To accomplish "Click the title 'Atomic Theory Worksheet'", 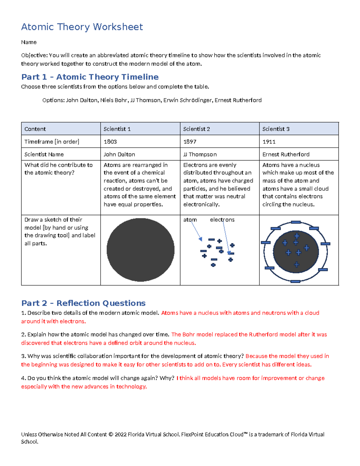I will point(82,27).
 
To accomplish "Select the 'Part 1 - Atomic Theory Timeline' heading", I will point(90,77).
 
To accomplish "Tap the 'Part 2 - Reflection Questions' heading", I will point(83,303).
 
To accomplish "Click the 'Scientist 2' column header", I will point(196,129).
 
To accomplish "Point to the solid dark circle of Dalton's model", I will point(140,250).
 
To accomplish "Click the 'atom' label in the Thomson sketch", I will point(190,220).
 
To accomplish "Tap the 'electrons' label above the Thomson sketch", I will point(222,220).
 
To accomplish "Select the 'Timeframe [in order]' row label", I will point(52,142).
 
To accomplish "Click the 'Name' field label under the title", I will point(29,42).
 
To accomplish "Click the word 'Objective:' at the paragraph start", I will point(34,55).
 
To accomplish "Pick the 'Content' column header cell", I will point(35,129).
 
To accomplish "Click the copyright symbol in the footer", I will point(111,434).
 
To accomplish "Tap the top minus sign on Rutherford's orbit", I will point(295,222).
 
